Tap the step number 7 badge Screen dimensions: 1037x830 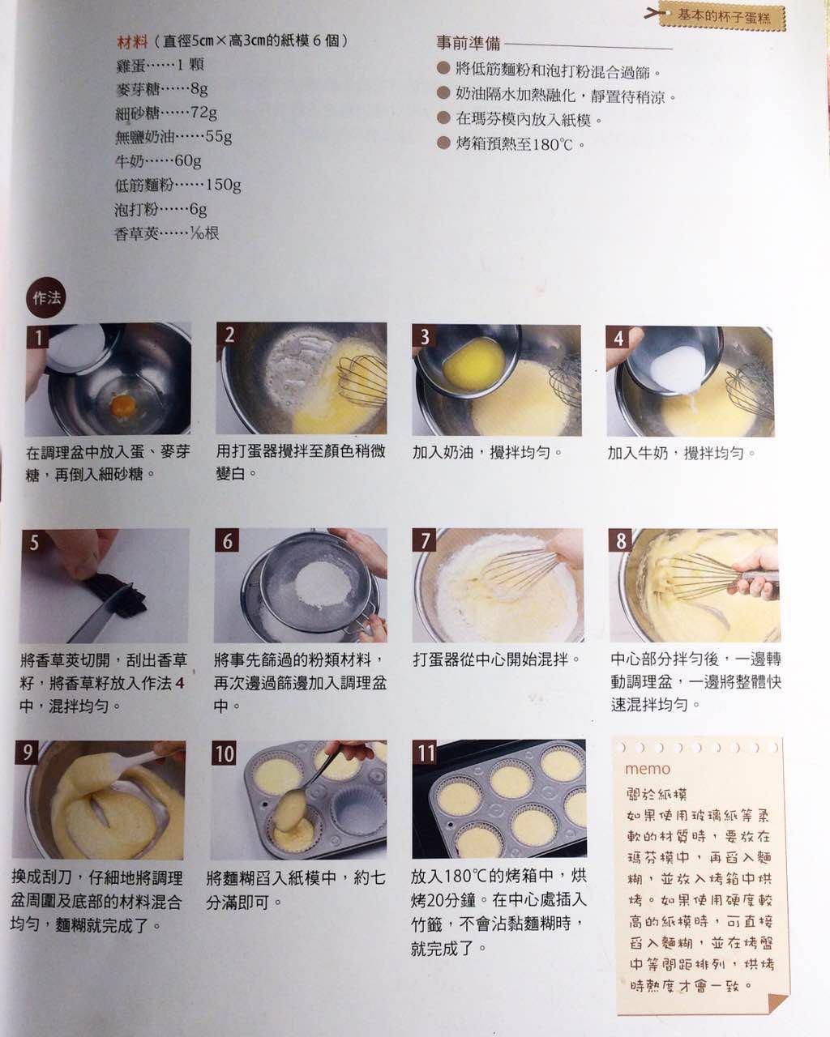(424, 540)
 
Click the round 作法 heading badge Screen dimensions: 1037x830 (45, 297)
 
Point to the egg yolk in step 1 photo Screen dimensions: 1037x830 (122, 402)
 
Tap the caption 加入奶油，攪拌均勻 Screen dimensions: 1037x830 (486, 452)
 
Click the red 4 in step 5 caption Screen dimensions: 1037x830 (180, 683)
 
